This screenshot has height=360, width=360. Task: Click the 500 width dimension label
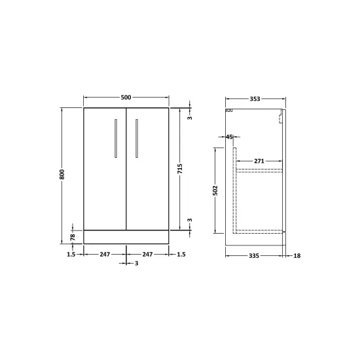[x=126, y=98]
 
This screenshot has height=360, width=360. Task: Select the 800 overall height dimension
[x=62, y=175]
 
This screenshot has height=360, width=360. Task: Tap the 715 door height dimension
[x=180, y=169]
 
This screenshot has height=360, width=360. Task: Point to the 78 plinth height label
[x=73, y=237]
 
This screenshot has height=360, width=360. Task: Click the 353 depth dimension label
[x=255, y=99]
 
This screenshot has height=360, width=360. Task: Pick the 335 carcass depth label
[x=254, y=256]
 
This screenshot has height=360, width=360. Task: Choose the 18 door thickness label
[x=297, y=256]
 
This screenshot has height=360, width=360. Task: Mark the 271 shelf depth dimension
[x=259, y=161]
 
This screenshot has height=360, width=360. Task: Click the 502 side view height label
[x=215, y=190]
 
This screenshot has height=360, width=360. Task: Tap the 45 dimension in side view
[x=229, y=137]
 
